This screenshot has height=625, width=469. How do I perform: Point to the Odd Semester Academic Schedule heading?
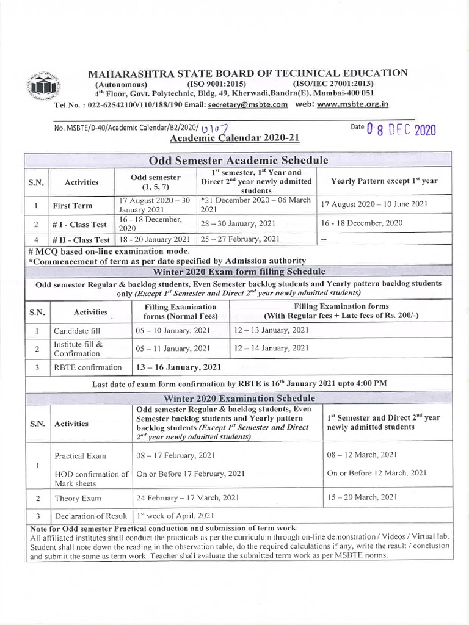click(239, 160)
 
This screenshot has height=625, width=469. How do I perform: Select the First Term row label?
click(71, 206)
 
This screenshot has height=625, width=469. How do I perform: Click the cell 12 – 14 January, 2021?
click(271, 348)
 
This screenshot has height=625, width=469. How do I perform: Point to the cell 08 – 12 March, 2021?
click(362, 455)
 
